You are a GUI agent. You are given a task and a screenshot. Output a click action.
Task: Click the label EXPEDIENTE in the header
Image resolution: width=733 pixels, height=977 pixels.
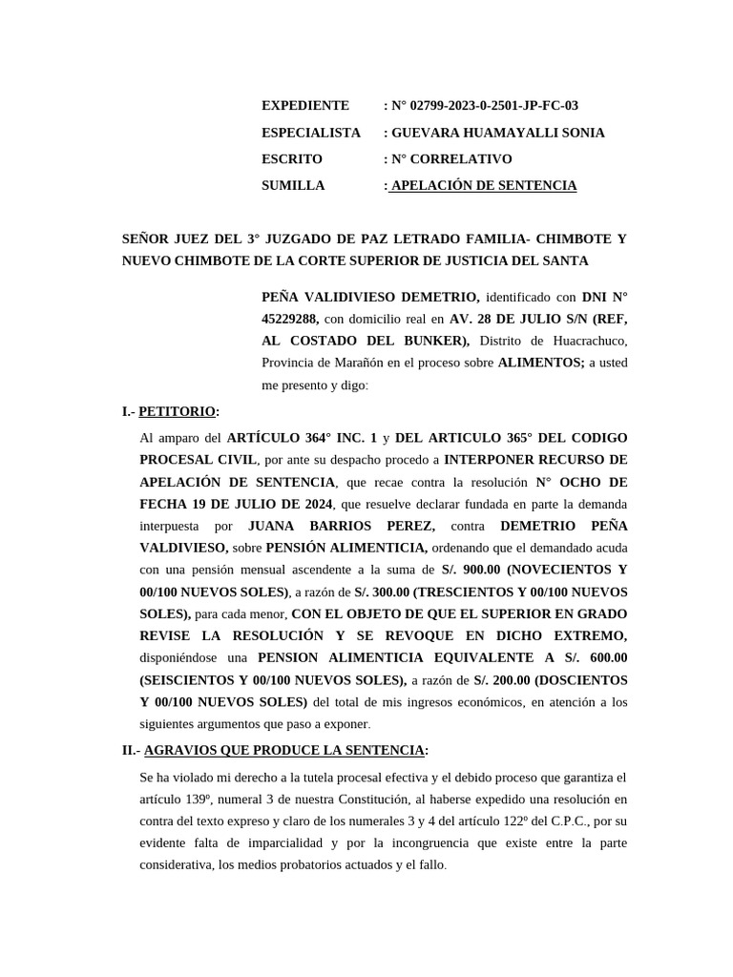click(305, 106)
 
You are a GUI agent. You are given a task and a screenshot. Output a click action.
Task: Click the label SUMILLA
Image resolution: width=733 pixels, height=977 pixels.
click(293, 186)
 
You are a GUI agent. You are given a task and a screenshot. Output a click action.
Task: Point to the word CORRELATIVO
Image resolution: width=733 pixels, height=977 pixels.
click(463, 159)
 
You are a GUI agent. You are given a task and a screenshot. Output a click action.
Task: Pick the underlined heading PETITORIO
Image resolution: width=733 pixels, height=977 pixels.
click(178, 412)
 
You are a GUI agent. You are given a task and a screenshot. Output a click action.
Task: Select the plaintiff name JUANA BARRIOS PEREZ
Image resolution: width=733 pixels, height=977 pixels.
click(342, 526)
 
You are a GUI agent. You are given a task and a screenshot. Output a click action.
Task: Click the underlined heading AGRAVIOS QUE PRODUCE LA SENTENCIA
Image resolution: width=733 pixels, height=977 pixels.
click(284, 751)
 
